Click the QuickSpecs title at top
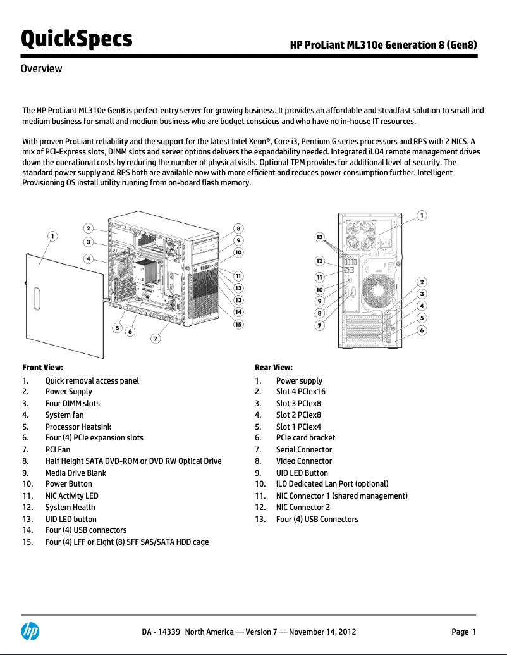point(76,39)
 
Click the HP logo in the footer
point(30,631)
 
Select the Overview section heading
point(42,68)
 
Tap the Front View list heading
point(42,367)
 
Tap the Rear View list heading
point(273,367)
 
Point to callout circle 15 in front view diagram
point(238,324)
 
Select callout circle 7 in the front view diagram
point(155,339)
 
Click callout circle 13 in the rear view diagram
point(321,237)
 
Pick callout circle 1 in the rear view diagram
point(422,215)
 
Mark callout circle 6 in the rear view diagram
point(422,330)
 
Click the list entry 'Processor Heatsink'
point(78,427)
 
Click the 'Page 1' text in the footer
point(463,632)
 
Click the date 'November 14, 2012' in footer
point(322,632)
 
